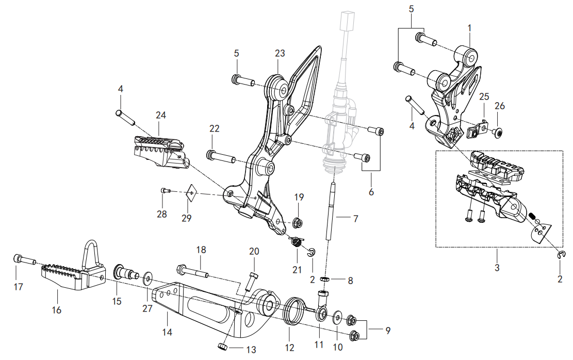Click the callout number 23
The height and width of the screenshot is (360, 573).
(280, 54)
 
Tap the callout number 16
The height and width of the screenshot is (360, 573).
(57, 309)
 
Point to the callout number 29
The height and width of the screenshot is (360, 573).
(187, 218)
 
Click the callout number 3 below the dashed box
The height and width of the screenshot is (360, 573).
(497, 268)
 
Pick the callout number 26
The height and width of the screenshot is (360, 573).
(500, 106)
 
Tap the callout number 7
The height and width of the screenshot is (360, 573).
(355, 218)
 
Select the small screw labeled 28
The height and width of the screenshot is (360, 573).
(165, 191)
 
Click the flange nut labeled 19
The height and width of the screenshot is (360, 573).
(297, 223)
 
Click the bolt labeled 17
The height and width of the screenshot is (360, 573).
(24, 258)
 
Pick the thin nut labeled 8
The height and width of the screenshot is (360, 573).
(325, 280)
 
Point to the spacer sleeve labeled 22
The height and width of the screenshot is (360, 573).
(220, 155)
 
